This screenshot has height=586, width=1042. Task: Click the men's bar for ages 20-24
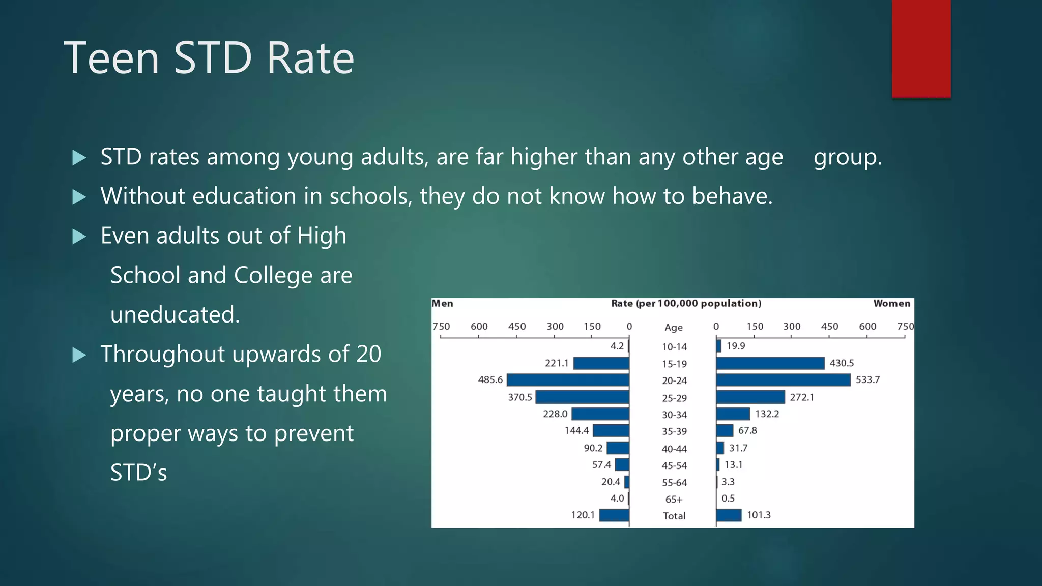point(568,380)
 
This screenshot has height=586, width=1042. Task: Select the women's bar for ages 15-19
point(770,363)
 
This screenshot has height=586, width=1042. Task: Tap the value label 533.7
point(867,380)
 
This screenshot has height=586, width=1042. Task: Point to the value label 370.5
point(519,397)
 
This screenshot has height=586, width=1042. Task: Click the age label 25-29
point(674,398)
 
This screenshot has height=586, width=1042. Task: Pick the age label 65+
point(674,499)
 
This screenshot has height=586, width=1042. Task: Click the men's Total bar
point(614,515)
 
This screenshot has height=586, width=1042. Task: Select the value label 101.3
point(759,515)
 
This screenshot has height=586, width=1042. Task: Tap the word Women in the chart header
point(891,304)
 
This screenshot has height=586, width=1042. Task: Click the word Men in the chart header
point(442,304)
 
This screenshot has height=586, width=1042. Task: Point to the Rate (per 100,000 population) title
point(686,304)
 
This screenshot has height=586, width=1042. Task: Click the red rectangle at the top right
point(921,48)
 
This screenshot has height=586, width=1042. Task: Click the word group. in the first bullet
point(848,157)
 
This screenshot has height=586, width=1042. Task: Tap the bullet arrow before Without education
point(79,197)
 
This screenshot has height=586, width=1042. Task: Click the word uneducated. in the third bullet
point(175,315)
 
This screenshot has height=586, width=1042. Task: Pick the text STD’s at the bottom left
point(138,473)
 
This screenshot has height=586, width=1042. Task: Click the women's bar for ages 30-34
point(733,414)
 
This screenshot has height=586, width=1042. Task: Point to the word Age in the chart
point(674,327)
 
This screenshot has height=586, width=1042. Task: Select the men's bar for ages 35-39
point(611,431)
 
